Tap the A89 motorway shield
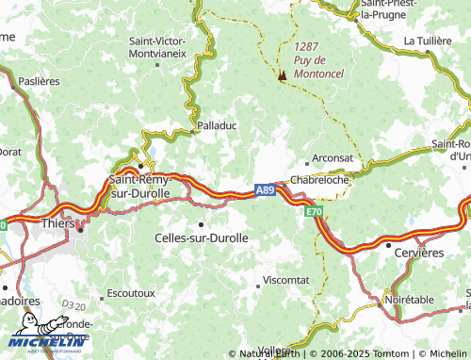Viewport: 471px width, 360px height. (265, 189)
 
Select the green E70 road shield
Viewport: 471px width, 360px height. (313, 214)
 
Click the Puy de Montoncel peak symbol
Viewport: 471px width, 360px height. (281, 75)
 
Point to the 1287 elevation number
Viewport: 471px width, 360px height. (306, 45)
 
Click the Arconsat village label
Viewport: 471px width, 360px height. (333, 159)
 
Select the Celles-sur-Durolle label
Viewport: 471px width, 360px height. (201, 238)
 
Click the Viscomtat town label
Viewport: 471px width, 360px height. (285, 280)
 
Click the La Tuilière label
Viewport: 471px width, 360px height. (429, 41)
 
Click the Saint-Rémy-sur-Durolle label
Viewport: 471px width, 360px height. (140, 185)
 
